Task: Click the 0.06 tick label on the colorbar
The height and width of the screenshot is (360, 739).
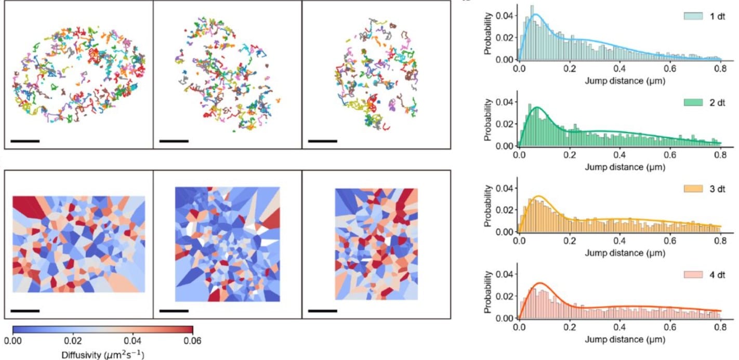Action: tap(193, 341)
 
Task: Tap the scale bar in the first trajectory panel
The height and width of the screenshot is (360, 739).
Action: tap(25, 140)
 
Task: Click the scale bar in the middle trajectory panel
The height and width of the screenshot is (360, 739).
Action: tap(174, 140)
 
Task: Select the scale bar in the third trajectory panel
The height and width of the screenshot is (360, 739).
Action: tap(322, 140)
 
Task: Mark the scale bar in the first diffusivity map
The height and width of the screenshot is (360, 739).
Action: tap(25, 311)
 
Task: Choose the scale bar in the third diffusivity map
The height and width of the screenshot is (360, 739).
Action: tap(322, 311)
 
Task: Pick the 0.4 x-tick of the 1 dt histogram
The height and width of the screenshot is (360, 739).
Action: tap(619, 69)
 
